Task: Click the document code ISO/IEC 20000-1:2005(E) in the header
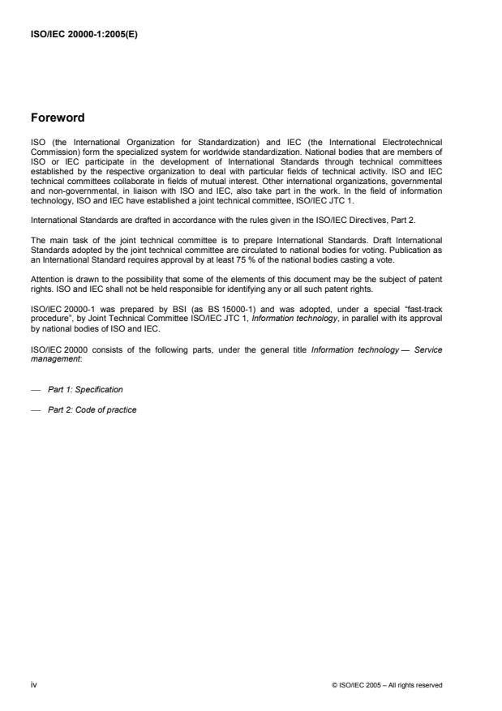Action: [x=78, y=34]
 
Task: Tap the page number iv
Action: [x=34, y=684]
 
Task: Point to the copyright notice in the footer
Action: [x=387, y=685]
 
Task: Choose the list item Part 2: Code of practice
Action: [x=92, y=409]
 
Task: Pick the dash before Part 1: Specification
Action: [x=36, y=389]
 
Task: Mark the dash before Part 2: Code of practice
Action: [x=36, y=409]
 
